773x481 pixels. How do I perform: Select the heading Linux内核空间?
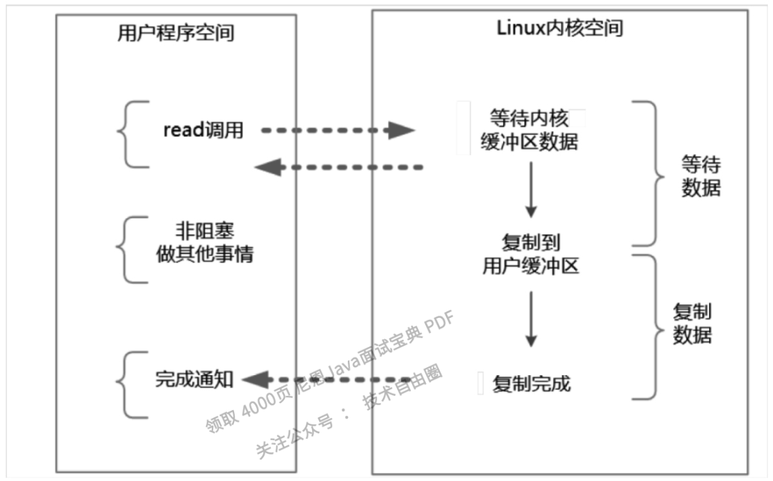[560, 28]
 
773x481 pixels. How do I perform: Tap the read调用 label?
[203, 130]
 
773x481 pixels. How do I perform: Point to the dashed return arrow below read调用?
[339, 167]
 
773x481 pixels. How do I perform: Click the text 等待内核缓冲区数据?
[529, 130]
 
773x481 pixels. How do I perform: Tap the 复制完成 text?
[532, 384]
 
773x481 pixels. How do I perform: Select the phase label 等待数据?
[701, 176]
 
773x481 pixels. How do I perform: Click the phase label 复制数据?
[692, 323]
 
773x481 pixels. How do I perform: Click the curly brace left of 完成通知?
[133, 384]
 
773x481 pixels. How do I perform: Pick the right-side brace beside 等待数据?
[648, 173]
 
